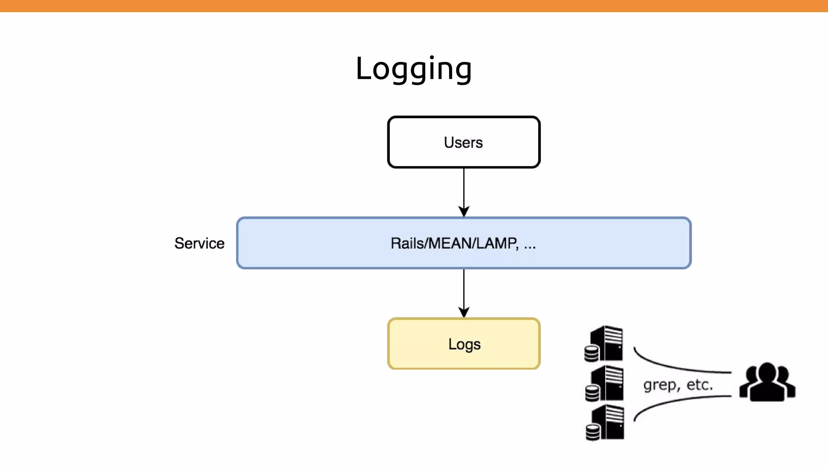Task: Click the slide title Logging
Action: tap(414, 69)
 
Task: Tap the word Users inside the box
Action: tap(463, 142)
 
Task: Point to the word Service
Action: tap(199, 243)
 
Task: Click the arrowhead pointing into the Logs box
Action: tap(464, 312)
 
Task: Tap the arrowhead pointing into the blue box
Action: tap(464, 212)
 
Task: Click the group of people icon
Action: tap(767, 383)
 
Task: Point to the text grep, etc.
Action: tap(678, 385)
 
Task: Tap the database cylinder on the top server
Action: tap(591, 354)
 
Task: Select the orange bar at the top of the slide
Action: tap(414, 6)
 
